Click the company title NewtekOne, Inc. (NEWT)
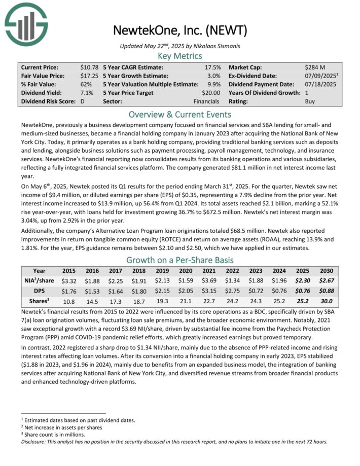click(179, 30)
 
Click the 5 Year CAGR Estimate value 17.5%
click(212, 67)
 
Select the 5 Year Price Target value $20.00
click(210, 93)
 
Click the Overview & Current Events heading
click(179, 114)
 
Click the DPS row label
click(39, 291)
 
